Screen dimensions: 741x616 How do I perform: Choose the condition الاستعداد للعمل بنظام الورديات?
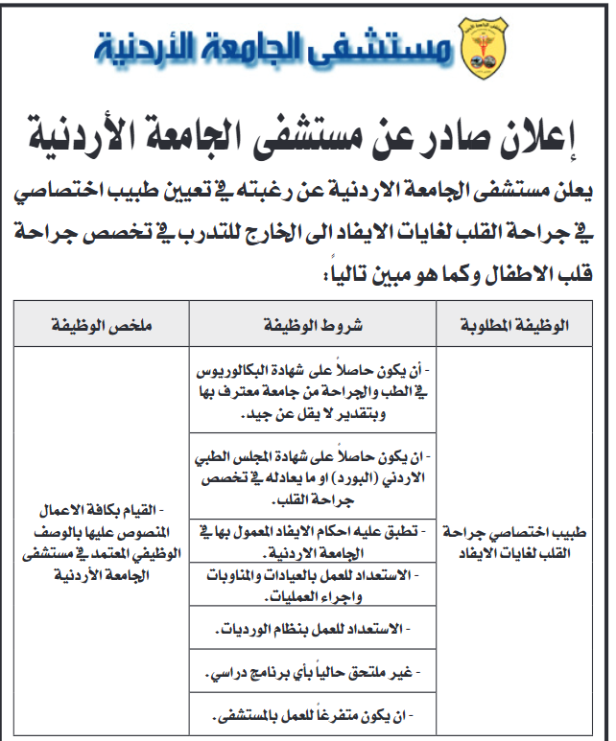[313, 630]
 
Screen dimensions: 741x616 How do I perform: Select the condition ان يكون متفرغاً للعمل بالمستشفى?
[313, 716]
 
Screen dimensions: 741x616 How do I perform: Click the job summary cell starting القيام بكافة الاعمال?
[102, 541]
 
